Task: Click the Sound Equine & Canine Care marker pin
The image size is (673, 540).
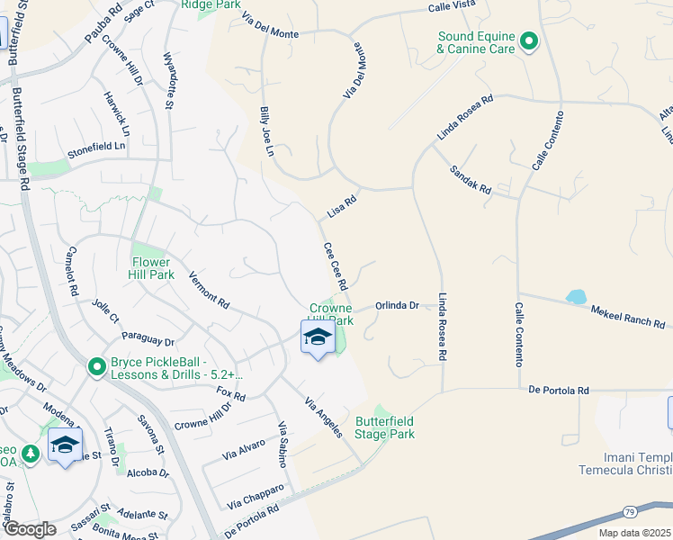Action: tap(529, 40)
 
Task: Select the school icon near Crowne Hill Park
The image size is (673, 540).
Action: tap(317, 338)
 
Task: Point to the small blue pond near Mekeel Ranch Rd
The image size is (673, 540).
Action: tap(574, 297)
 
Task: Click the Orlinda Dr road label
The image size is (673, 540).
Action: tap(398, 306)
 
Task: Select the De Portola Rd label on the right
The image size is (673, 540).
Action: tap(558, 391)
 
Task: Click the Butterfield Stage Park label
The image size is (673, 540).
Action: tap(385, 427)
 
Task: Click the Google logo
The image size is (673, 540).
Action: tap(29, 529)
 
